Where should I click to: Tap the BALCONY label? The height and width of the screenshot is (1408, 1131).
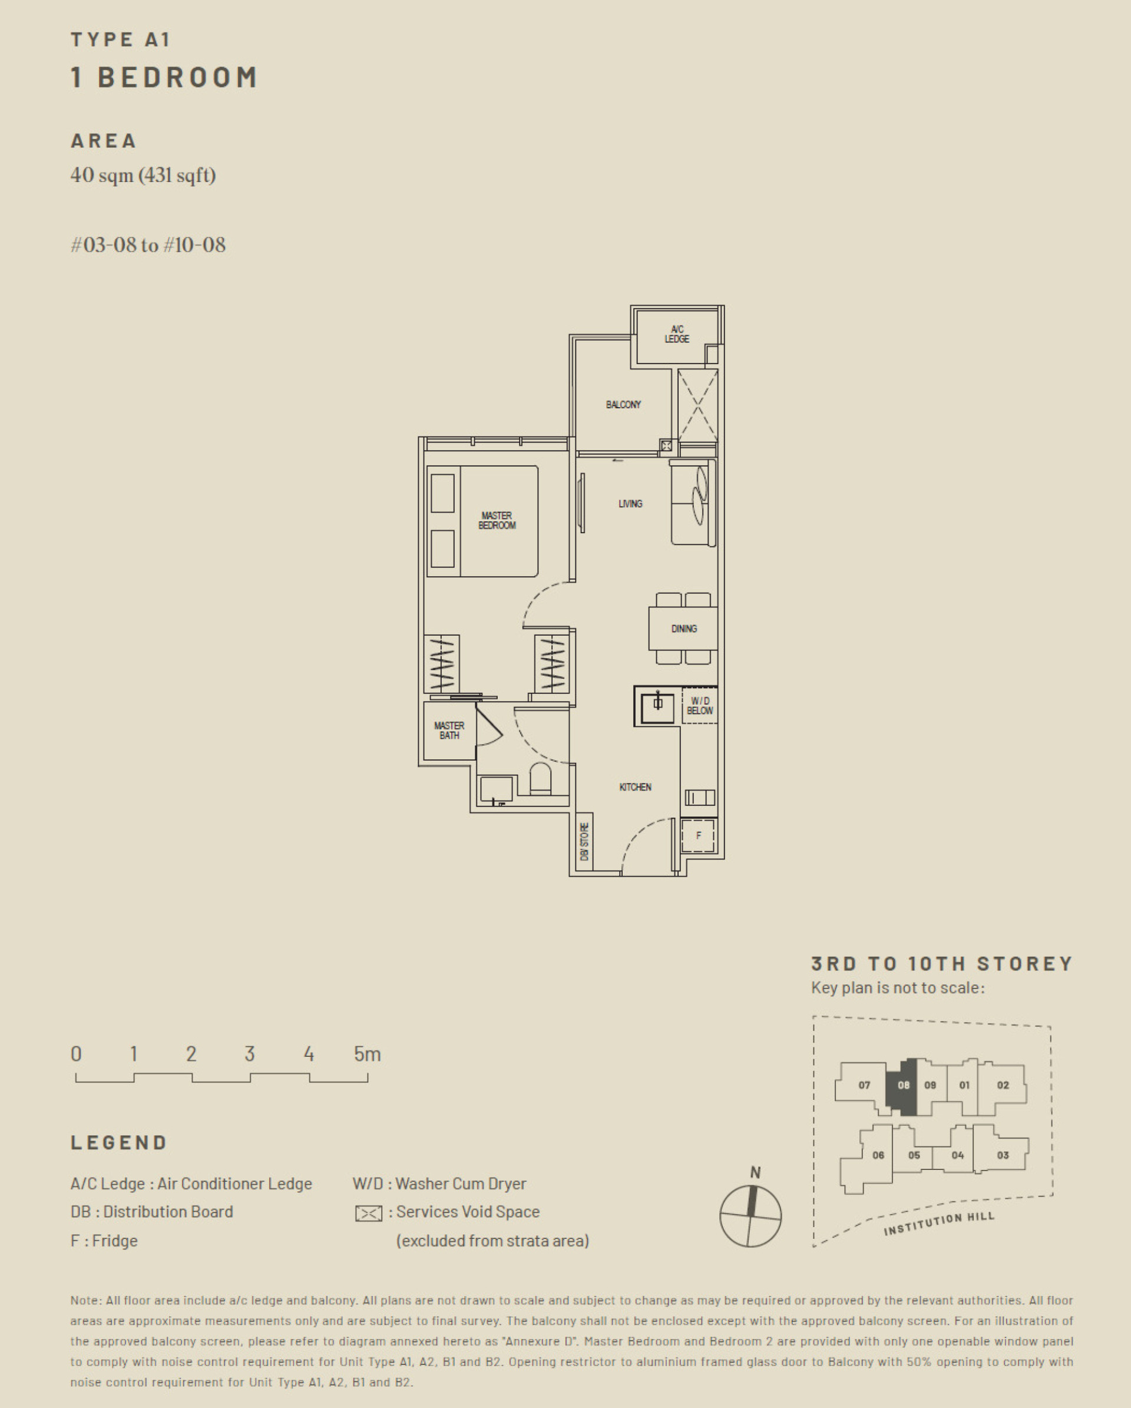pos(623,405)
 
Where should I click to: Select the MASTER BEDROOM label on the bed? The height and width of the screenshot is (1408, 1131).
pos(497,521)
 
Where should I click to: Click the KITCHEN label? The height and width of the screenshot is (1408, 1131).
pos(635,787)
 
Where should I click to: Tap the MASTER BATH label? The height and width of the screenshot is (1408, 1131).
pos(449,730)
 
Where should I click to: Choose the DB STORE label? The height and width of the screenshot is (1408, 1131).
pos(584,842)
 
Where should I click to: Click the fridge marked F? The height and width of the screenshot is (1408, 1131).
pos(698,836)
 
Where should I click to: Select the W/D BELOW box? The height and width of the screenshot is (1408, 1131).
pos(700,705)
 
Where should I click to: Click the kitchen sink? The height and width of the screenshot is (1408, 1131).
pos(657,705)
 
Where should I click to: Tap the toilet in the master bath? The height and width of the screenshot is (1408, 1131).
pos(540,778)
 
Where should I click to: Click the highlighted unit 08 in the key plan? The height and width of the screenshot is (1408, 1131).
pos(902,1086)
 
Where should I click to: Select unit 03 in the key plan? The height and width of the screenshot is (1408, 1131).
pos(1003,1155)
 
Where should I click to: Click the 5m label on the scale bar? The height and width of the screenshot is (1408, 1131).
pos(367,1054)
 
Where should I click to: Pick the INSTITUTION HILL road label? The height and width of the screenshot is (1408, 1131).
pos(938,1222)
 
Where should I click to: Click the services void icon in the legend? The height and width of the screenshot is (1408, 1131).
pos(368,1214)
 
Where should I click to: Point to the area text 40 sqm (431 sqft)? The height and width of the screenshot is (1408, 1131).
pos(143,175)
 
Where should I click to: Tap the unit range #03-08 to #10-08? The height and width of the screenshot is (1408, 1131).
pos(148,245)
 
